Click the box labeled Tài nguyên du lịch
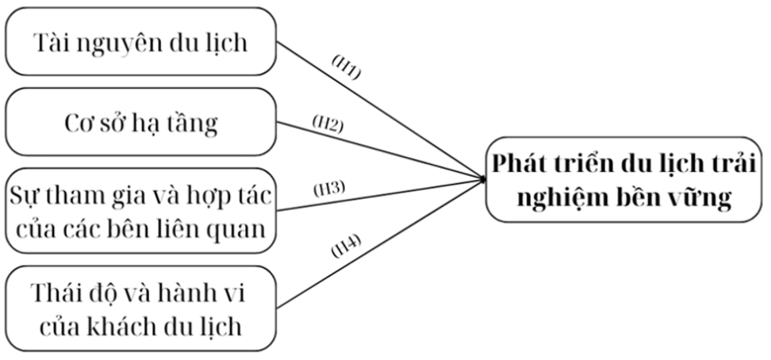[x=140, y=42]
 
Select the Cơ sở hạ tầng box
[x=140, y=124]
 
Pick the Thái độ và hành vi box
[x=140, y=308]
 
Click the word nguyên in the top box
[x=121, y=43]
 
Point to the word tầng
[x=194, y=124]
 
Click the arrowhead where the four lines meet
[x=483, y=180]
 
